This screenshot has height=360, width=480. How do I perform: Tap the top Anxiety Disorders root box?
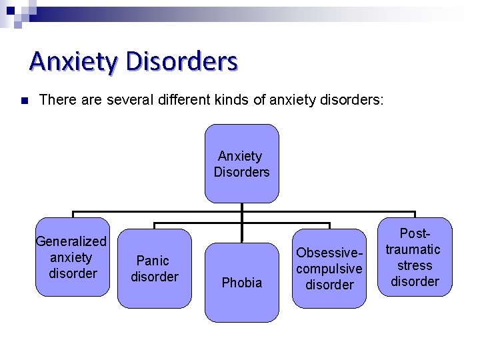pyautogui.click(x=241, y=163)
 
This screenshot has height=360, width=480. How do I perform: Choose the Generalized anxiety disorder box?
pyautogui.click(x=72, y=257)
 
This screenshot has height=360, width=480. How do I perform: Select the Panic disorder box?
pyautogui.click(x=154, y=268)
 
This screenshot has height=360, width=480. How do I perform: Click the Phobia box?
pyautogui.click(x=241, y=283)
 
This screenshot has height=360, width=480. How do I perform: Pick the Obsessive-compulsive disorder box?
pyautogui.click(x=329, y=268)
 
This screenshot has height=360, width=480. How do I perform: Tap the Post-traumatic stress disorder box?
pyautogui.click(x=414, y=257)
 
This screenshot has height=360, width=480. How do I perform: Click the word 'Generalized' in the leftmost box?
pyautogui.click(x=71, y=241)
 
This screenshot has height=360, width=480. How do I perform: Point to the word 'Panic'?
pyautogui.click(x=153, y=261)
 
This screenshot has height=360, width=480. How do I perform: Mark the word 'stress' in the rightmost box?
pyautogui.click(x=415, y=265)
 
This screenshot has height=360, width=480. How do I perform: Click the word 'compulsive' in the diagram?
pyautogui.click(x=329, y=269)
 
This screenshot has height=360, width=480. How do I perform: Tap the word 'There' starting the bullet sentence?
pyautogui.click(x=55, y=101)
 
